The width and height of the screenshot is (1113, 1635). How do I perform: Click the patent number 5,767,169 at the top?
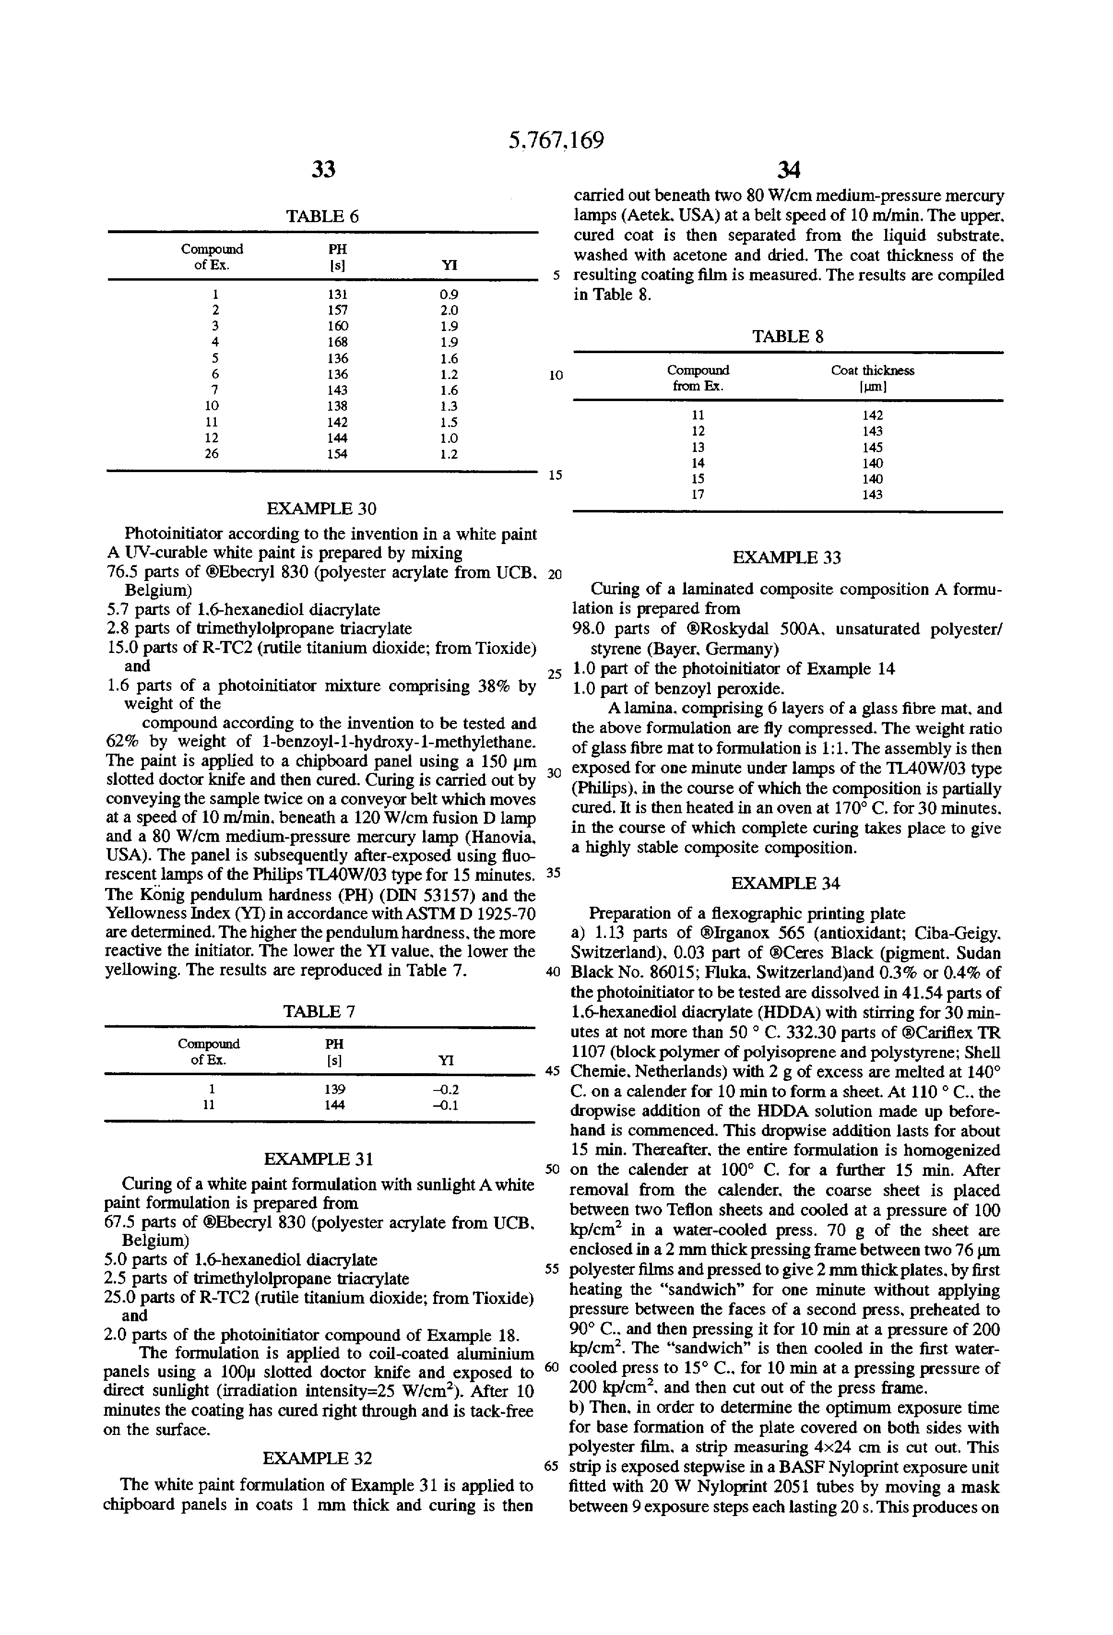pos(556,141)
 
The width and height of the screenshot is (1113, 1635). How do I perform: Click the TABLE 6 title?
pos(322,217)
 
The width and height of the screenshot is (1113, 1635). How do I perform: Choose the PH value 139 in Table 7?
pos(335,1090)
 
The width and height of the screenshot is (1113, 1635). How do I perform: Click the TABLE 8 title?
pos(788,337)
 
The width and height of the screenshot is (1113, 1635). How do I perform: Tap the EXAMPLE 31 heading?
pos(319,1159)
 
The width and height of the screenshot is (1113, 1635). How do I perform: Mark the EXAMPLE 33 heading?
pos(787,558)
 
